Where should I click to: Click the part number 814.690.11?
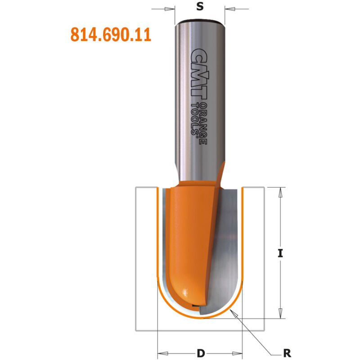[x=111, y=35]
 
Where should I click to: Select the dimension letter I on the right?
[x=280, y=253]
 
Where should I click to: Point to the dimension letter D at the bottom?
[x=199, y=352]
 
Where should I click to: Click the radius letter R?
[x=287, y=352]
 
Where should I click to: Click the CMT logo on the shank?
[x=198, y=74]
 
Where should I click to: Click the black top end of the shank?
[x=198, y=21]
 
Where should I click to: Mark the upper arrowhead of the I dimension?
[x=280, y=192]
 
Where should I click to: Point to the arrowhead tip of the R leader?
[x=232, y=312]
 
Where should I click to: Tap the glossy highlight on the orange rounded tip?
[x=185, y=295]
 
